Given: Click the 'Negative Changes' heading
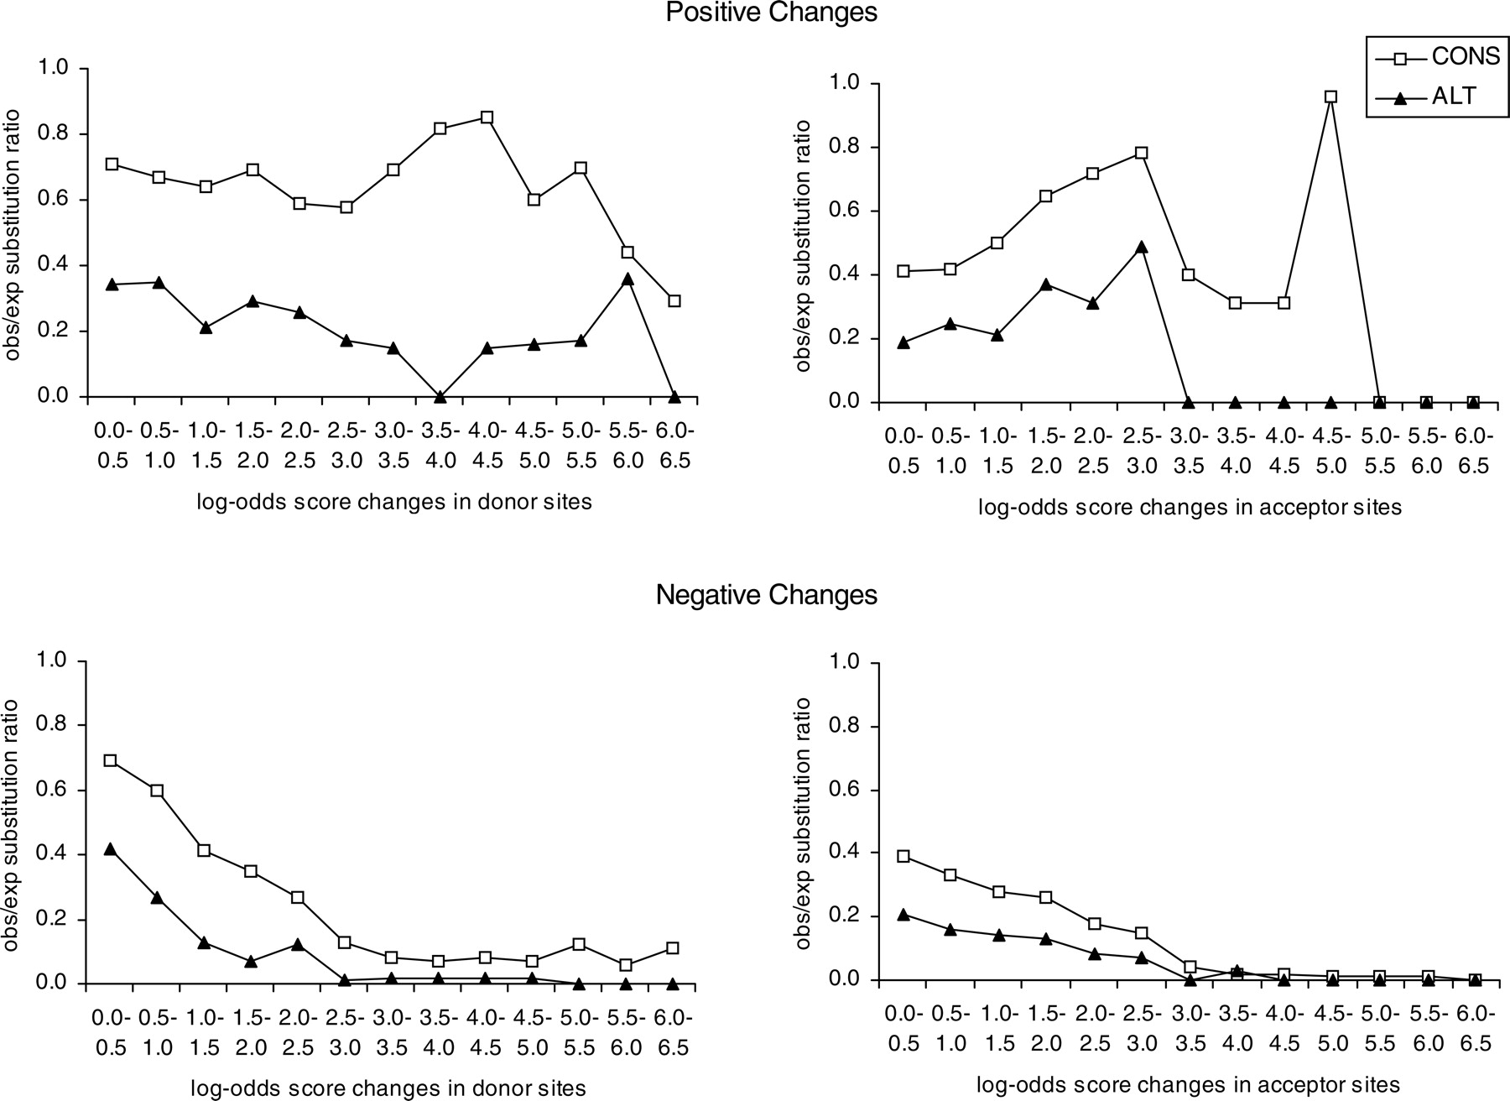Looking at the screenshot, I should coord(766,595).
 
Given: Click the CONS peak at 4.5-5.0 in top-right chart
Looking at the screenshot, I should coord(1330,97).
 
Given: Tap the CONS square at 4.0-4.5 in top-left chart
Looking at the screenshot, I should coord(487,117).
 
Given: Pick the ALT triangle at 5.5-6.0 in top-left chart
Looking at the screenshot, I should coord(627,279).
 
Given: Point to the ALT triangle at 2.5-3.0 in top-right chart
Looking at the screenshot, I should coord(1142,248).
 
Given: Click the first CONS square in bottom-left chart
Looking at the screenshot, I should coord(110,761).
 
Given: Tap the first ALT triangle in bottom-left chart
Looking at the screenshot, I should coord(110,849).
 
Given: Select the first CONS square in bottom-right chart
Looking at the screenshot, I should coord(903,856).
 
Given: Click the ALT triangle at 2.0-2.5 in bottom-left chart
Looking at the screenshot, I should coord(298,944).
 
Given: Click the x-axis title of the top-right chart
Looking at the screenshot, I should coord(1190,508).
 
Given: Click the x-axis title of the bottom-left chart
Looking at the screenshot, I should coord(388,1088).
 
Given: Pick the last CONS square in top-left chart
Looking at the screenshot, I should coord(674,300).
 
